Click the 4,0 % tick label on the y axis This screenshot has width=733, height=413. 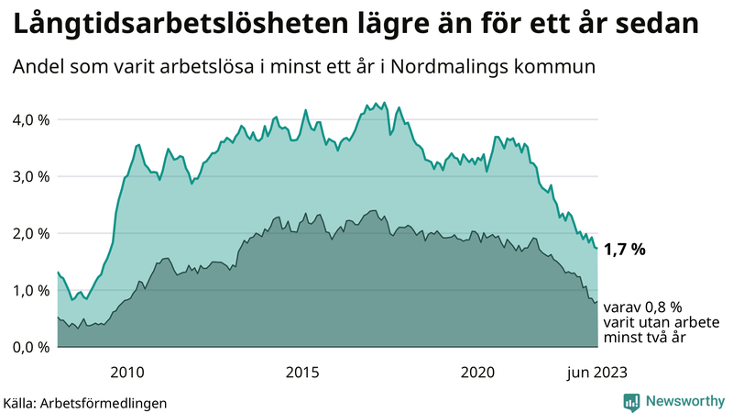tap(29, 119)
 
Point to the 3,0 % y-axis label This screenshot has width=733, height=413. tap(29, 176)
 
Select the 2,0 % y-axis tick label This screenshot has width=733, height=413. tap(29, 233)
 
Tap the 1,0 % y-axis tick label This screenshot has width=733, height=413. tap(29, 290)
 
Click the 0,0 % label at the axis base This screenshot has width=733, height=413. tap(29, 347)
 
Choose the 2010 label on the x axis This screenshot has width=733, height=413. tap(127, 372)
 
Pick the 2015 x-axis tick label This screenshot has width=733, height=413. tap(302, 372)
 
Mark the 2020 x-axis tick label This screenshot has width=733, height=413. tap(477, 372)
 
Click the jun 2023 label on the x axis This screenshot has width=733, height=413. tap(596, 372)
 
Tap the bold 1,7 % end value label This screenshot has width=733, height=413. tap(626, 249)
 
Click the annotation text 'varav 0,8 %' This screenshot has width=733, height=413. tap(643, 307)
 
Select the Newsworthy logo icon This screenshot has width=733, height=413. tap(631, 400)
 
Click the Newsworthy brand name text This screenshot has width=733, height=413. tap(684, 400)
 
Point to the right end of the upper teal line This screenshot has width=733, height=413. tap(597, 249)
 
